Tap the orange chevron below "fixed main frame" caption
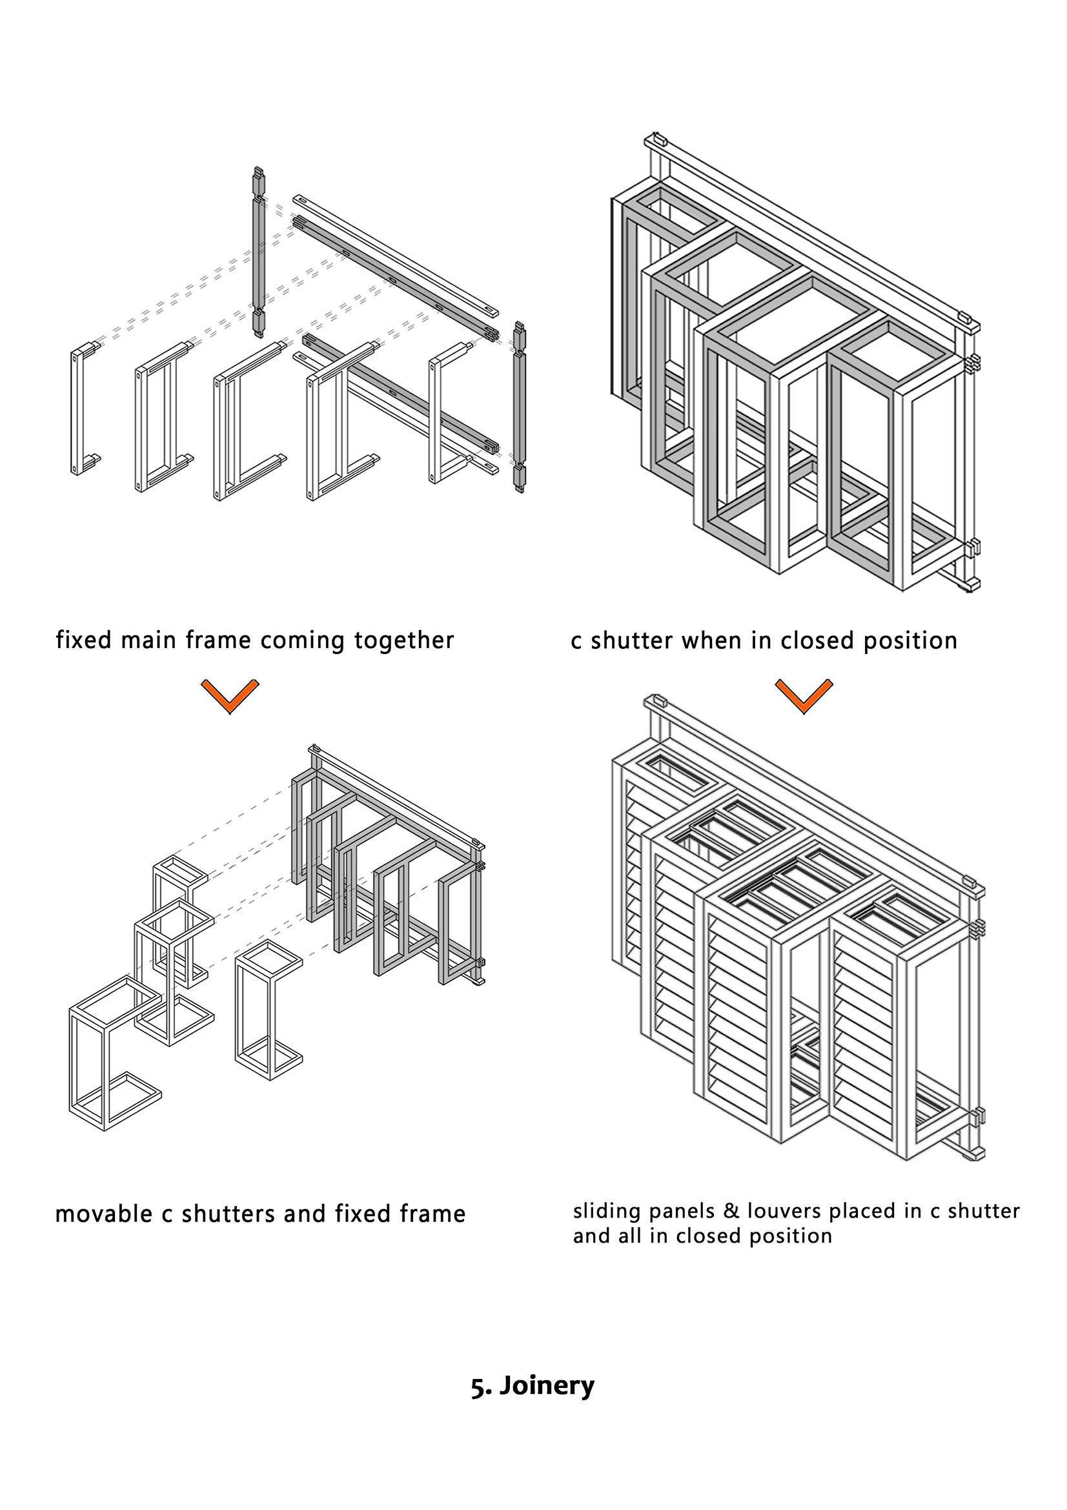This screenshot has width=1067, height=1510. (x=229, y=697)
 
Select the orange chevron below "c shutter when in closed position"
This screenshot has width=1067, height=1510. (x=804, y=697)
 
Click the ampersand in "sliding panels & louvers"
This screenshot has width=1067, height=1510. (x=731, y=1210)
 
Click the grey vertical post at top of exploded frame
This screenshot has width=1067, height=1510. (x=258, y=253)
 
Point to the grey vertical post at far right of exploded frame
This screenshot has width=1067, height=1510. (x=520, y=408)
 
